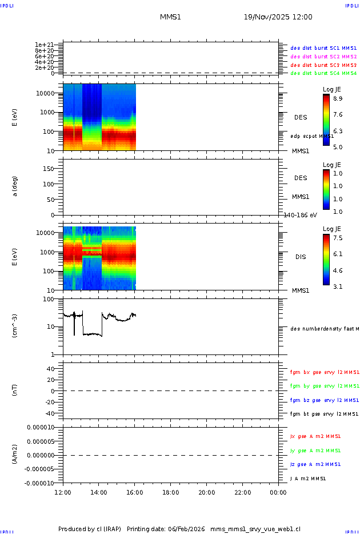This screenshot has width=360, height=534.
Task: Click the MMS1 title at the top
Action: click(x=170, y=17)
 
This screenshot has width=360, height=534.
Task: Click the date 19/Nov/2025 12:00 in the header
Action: click(x=278, y=17)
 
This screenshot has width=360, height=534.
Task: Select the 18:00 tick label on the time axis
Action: click(x=171, y=492)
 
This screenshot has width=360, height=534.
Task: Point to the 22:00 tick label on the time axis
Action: click(x=242, y=492)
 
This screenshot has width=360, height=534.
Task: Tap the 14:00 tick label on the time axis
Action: click(x=99, y=492)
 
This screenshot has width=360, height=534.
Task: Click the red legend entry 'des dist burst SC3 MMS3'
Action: click(x=323, y=65)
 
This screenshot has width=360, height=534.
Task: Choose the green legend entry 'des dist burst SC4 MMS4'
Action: click(x=323, y=73)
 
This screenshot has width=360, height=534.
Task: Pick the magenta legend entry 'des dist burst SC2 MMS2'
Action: click(x=323, y=57)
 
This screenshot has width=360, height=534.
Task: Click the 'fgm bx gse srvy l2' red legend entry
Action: click(x=324, y=372)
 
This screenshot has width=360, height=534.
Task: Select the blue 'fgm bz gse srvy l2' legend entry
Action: click(x=324, y=400)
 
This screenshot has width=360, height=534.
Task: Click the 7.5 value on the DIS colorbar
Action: click(x=338, y=238)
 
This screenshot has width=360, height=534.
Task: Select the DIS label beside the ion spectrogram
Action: click(x=301, y=257)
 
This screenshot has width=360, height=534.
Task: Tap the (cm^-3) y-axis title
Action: click(x=15, y=326)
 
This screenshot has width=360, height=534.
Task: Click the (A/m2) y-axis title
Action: click(x=15, y=455)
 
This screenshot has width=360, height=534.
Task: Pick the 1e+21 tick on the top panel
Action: click(x=44, y=45)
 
